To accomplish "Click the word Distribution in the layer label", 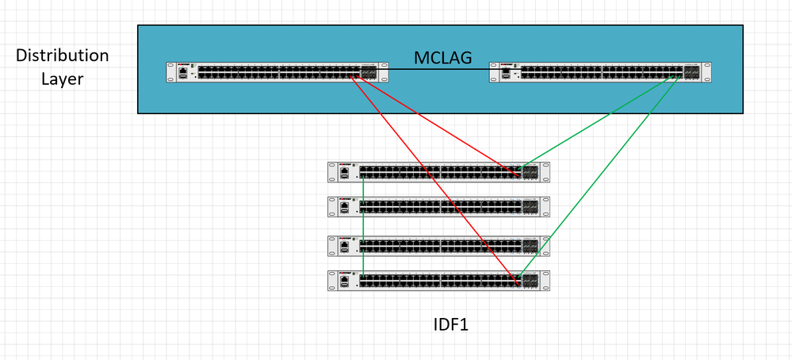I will (63, 56).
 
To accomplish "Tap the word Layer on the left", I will (63, 79).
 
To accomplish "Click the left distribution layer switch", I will (277, 72).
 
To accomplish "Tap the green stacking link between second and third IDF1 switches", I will (362, 226).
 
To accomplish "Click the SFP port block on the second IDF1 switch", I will (530, 207).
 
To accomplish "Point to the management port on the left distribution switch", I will (184, 71).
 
